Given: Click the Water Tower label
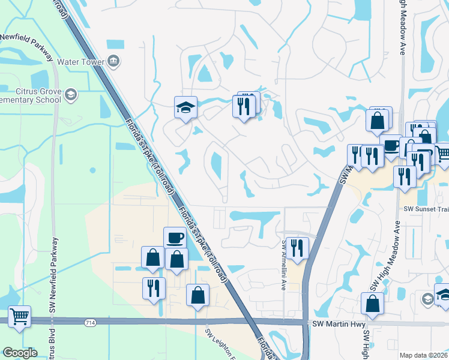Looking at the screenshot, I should tap(81, 62).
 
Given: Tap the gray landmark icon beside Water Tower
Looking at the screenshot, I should tap(114, 61).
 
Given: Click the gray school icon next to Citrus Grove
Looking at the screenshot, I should tap(71, 95).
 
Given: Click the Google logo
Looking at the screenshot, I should tap(20, 353).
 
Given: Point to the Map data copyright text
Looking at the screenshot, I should tap(424, 355).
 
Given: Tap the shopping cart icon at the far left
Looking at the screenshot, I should tap(20, 316).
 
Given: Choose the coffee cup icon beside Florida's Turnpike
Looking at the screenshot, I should tap(175, 237).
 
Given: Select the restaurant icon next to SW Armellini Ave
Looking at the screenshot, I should tap(297, 247).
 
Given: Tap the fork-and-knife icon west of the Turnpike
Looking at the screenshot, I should tap(154, 287).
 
